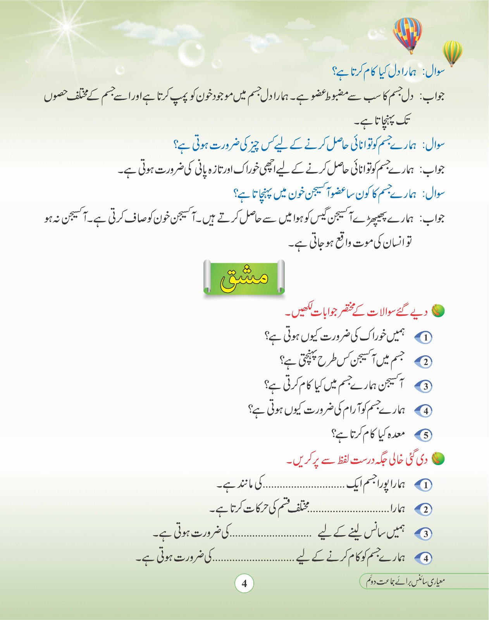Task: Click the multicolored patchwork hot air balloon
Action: [x=407, y=34]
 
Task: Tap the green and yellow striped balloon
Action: [x=453, y=52]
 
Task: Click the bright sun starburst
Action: [x=67, y=27]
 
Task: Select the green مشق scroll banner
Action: [x=244, y=277]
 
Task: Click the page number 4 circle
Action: [x=244, y=583]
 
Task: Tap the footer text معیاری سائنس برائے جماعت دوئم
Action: [x=405, y=581]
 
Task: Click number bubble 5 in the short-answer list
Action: [x=425, y=435]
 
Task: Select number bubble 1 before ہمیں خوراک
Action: [x=425, y=338]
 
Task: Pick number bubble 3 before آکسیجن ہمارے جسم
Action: [x=425, y=386]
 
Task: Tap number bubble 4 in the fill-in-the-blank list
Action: [x=425, y=558]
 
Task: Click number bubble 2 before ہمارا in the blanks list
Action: [x=425, y=509]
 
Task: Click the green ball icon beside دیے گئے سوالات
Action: [x=438, y=311]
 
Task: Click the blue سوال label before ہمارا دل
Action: [x=434, y=72]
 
